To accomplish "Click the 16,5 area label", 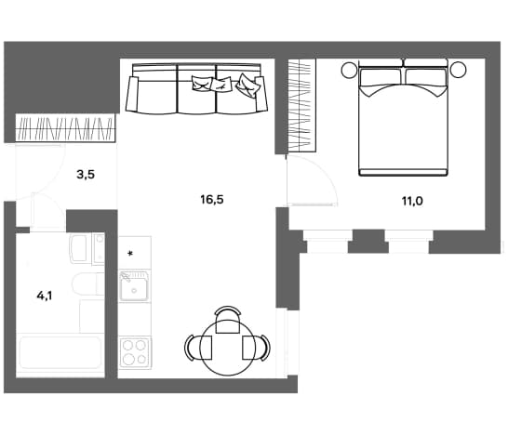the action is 212,200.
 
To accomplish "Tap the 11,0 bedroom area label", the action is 412,202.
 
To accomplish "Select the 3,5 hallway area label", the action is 86,175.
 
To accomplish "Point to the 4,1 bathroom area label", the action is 45,296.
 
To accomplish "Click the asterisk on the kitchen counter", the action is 130,254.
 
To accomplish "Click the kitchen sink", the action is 134,285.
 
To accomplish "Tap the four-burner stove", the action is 135,352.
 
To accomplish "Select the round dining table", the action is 227,348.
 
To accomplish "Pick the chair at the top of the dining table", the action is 228,320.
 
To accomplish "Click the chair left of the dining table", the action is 198,348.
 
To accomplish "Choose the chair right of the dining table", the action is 256,348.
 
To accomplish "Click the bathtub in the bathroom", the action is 60,353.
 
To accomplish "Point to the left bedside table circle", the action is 349,70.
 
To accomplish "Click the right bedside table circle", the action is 458,70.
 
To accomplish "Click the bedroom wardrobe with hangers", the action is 301,105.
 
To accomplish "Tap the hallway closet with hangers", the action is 66,128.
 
